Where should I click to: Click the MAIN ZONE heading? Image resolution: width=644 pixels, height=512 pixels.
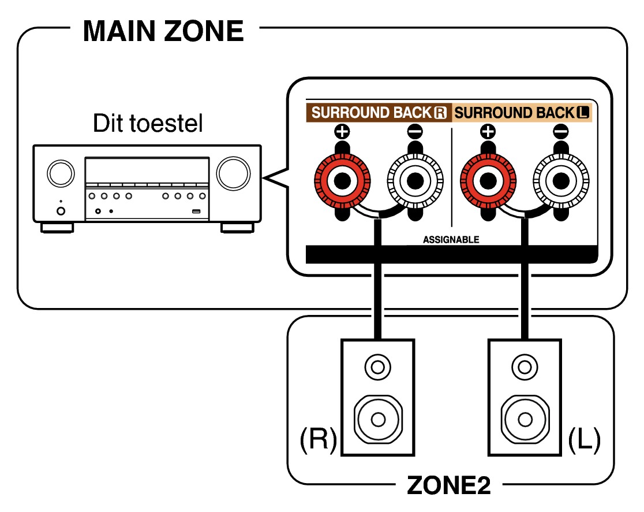(163, 31)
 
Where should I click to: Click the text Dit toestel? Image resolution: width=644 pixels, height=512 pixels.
(148, 123)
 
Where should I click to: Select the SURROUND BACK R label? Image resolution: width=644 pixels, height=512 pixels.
(379, 113)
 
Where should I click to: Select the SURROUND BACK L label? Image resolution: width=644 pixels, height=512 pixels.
(523, 113)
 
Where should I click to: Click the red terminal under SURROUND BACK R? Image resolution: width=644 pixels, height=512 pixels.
(342, 180)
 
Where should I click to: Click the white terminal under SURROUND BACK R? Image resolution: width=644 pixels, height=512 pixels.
(414, 180)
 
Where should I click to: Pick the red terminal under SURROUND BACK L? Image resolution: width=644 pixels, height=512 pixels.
(488, 180)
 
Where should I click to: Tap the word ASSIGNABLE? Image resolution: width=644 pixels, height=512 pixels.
(451, 239)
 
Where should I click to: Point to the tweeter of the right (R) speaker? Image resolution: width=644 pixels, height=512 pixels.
(378, 367)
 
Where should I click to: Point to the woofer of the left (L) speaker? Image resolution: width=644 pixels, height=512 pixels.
(524, 417)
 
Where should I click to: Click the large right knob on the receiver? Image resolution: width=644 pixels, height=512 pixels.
(233, 172)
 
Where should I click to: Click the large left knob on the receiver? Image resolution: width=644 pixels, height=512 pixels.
(61, 172)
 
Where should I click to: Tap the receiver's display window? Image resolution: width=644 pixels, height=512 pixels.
(147, 171)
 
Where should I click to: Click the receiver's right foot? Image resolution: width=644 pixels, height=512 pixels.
(237, 227)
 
